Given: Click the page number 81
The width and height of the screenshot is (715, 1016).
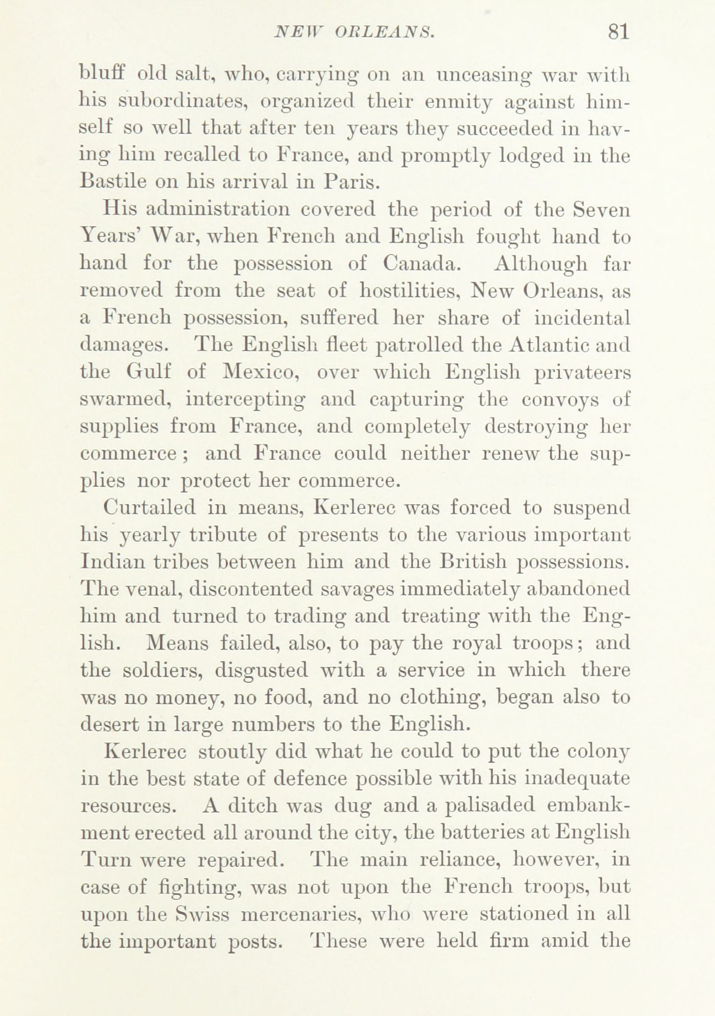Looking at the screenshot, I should coord(618,32).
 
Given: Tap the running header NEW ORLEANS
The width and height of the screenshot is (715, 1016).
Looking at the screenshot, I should coord(355,33).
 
